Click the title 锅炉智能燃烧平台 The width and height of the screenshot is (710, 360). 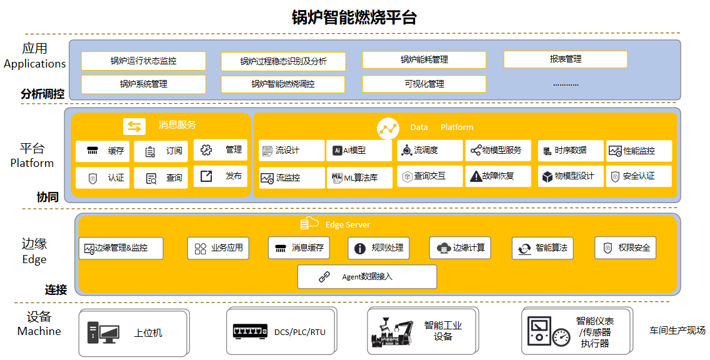[354, 17]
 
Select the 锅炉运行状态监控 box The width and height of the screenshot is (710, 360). [144, 61]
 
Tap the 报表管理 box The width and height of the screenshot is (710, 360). [565, 59]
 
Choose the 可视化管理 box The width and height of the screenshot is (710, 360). [424, 84]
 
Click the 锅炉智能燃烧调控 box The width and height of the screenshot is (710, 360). [282, 84]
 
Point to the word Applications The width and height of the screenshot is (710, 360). [35, 64]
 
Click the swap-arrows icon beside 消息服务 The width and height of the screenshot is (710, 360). [134, 126]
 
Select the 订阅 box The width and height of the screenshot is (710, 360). [161, 151]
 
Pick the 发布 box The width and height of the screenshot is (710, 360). [220, 176]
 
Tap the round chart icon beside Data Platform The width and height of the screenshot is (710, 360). [388, 128]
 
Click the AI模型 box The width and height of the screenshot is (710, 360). [359, 151]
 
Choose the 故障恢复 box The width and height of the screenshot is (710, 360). [498, 176]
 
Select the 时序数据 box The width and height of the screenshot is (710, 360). [571, 151]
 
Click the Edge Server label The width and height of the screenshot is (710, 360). [347, 224]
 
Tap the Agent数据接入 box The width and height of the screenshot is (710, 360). [367, 276]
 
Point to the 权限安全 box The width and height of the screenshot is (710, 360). [625, 248]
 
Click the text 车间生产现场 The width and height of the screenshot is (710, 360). [677, 331]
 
